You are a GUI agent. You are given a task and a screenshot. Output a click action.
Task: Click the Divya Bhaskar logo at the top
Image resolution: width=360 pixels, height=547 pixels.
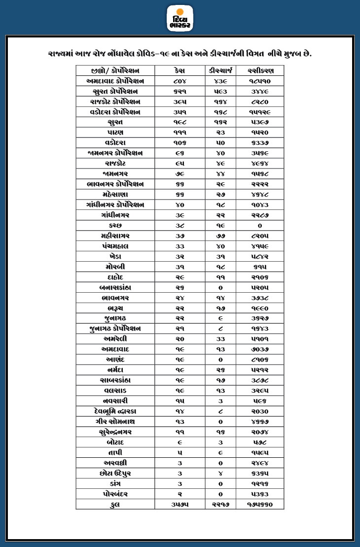pyautogui.click(x=180, y=18)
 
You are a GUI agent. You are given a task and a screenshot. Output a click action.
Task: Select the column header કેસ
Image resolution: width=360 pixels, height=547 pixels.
pyautogui.click(x=180, y=70)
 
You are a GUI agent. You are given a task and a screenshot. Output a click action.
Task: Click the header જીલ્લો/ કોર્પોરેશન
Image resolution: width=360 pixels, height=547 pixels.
pyautogui.click(x=116, y=70)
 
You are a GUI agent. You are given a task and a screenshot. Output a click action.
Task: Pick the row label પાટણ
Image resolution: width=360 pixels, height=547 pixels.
pyautogui.click(x=116, y=132)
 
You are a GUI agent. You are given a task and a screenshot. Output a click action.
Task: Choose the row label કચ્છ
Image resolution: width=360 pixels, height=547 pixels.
pyautogui.click(x=116, y=225)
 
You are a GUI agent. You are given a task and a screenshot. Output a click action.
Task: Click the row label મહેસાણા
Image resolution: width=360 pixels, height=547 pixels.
pyautogui.click(x=116, y=194)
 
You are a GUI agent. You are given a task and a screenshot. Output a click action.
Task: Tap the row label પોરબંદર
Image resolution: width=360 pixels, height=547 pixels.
pyautogui.click(x=116, y=494)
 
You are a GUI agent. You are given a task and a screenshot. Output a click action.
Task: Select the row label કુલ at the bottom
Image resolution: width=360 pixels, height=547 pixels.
pyautogui.click(x=116, y=504)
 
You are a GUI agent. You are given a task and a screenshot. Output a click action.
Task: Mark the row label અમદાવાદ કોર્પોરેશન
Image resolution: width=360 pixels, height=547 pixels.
pyautogui.click(x=116, y=80)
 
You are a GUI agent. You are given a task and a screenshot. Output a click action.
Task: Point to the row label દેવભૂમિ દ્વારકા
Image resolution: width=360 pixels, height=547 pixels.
pyautogui.click(x=116, y=411)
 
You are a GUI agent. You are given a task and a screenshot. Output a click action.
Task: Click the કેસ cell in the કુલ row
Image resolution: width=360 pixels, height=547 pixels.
pyautogui.click(x=180, y=504)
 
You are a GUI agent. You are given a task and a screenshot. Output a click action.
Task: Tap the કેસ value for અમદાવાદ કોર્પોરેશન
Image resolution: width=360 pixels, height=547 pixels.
pyautogui.click(x=180, y=80)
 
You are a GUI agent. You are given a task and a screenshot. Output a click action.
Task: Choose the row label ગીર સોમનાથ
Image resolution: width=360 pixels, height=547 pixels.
pyautogui.click(x=116, y=421)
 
